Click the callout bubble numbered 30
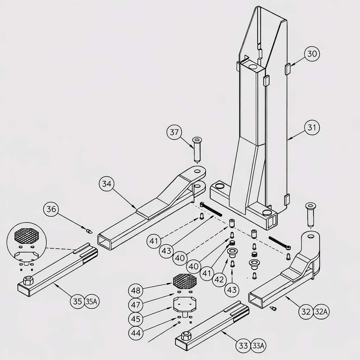(312, 54)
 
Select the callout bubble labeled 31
(312, 128)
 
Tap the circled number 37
(174, 133)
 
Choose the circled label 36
(51, 210)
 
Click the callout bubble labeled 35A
(91, 301)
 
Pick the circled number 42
(219, 279)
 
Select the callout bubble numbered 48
(136, 291)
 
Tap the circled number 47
(136, 304)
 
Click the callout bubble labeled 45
(136, 319)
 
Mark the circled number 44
(136, 333)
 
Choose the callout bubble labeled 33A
(258, 346)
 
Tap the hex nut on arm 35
(27, 281)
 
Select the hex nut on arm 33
(186, 335)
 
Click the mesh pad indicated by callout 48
(185, 281)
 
